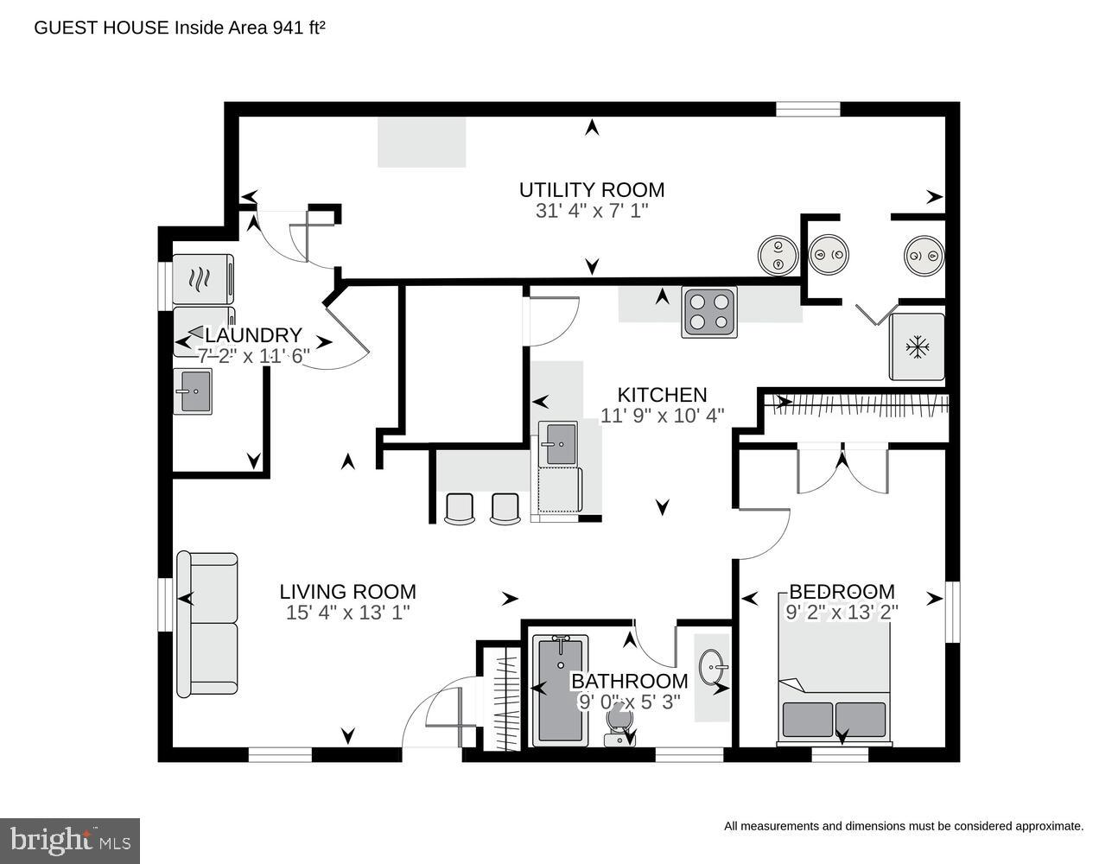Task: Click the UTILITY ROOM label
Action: coord(591,189)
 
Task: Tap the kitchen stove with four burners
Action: coord(708,312)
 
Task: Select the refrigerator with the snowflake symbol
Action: coord(917,346)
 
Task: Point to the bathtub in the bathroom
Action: coord(560,689)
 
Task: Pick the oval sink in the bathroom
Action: coord(714,668)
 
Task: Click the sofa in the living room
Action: coord(207,624)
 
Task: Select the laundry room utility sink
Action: coord(193,391)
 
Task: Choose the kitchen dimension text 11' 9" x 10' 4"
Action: coord(663,416)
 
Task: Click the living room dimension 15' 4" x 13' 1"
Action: coord(347,613)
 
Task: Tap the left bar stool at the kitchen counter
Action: coord(459,508)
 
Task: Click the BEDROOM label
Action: coord(842,592)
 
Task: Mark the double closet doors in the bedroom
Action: coord(842,469)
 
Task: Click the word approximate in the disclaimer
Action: coord(1046,826)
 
